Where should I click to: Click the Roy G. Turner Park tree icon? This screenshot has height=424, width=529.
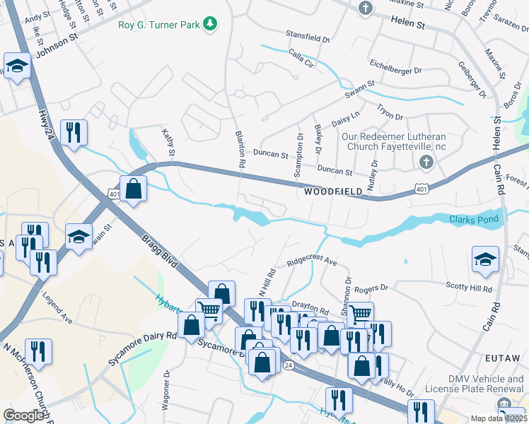coord(210,25)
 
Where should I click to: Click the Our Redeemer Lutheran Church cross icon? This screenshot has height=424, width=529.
coord(425,163)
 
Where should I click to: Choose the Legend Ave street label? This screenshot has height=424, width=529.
coord(57,309)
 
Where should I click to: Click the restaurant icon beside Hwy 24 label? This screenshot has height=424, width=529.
coord(73,132)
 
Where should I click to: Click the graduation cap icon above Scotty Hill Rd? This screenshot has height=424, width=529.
coord(486,260)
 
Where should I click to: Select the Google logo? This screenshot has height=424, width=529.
coord(23,416)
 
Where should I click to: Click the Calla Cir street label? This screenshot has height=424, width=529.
coord(301,57)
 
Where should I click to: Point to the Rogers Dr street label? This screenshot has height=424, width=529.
coord(371,288)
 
